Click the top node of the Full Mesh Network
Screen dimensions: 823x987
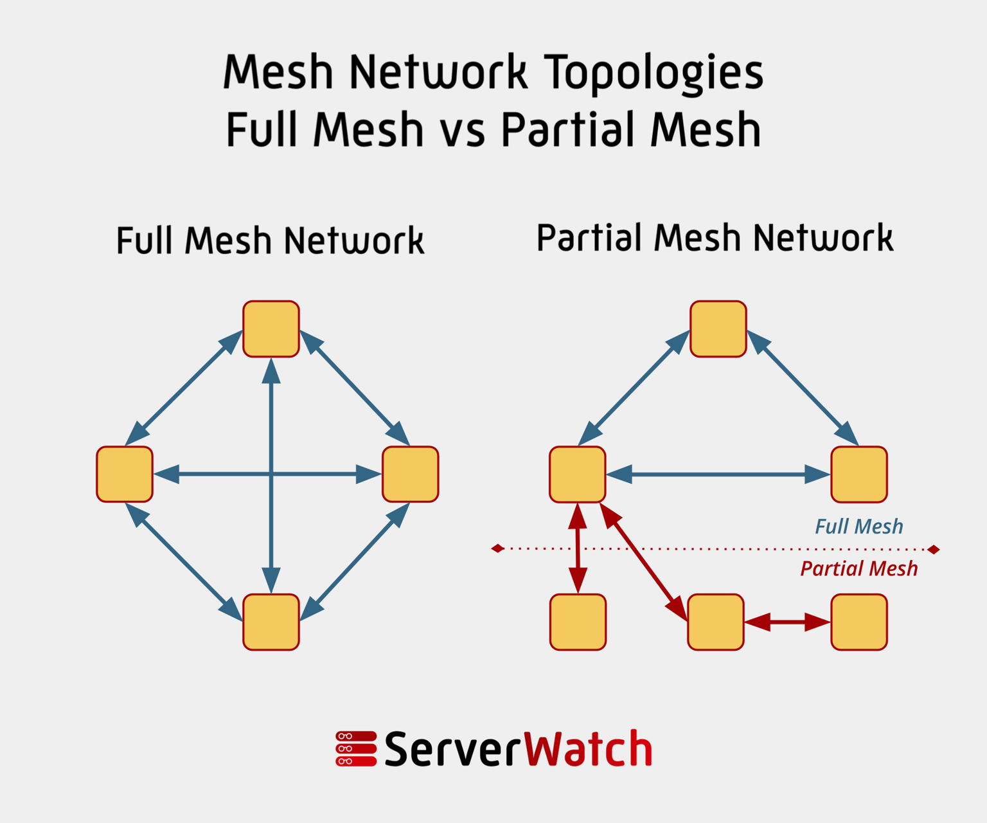271,329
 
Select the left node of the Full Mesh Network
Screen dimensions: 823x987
125,474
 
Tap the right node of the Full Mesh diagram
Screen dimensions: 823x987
410,474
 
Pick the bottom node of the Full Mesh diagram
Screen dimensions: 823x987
271,622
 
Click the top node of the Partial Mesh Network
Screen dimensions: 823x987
718,329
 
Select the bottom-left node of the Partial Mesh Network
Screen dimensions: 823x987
578,622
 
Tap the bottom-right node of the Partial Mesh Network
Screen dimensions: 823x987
859,622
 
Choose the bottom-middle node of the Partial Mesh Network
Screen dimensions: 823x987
716,622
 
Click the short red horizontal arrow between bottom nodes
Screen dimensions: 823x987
787,622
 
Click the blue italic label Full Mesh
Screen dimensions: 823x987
858,527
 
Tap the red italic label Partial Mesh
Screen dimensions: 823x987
858,568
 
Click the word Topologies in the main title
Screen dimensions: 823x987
654,72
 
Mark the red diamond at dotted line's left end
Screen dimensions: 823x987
497,548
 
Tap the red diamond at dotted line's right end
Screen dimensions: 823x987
934,549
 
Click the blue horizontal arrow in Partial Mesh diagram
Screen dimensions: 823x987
718,475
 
